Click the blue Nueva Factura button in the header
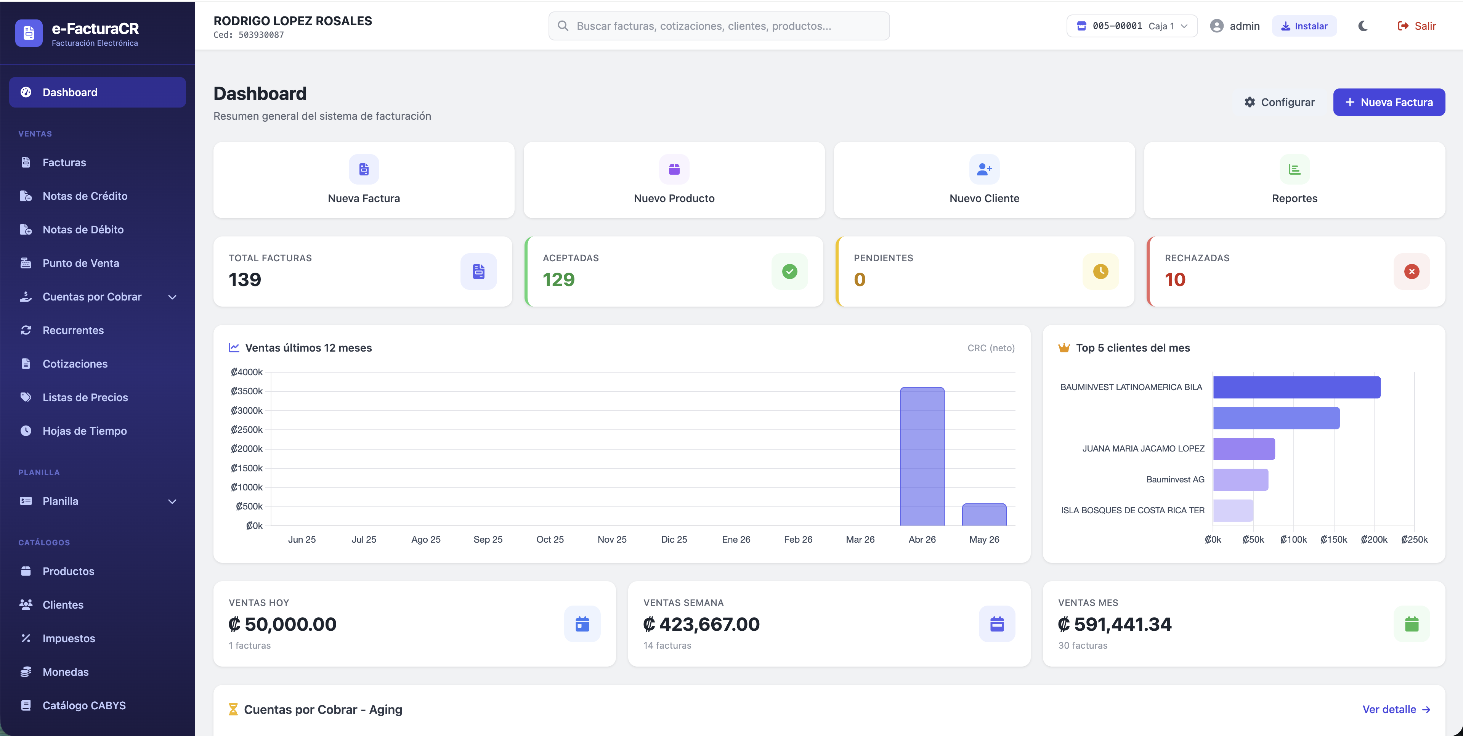1389,102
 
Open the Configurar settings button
1280,102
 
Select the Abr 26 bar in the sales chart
922,456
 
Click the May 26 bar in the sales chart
984,514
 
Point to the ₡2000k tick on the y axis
247,448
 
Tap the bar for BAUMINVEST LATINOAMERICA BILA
1296,387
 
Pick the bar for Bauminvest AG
1240,480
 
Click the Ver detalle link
1396,709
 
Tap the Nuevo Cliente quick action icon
984,169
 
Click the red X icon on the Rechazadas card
1412,272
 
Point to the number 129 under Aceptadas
559,280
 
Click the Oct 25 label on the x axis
550,539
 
